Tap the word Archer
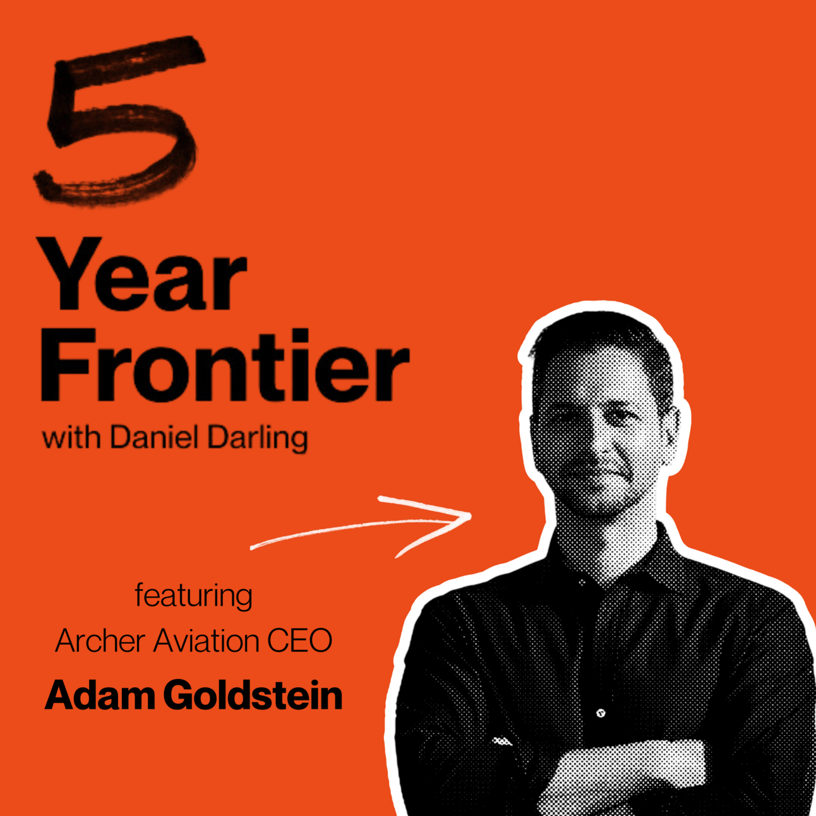[100, 640]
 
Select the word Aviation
[206, 640]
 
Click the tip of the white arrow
[471, 515]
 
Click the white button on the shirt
[601, 714]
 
